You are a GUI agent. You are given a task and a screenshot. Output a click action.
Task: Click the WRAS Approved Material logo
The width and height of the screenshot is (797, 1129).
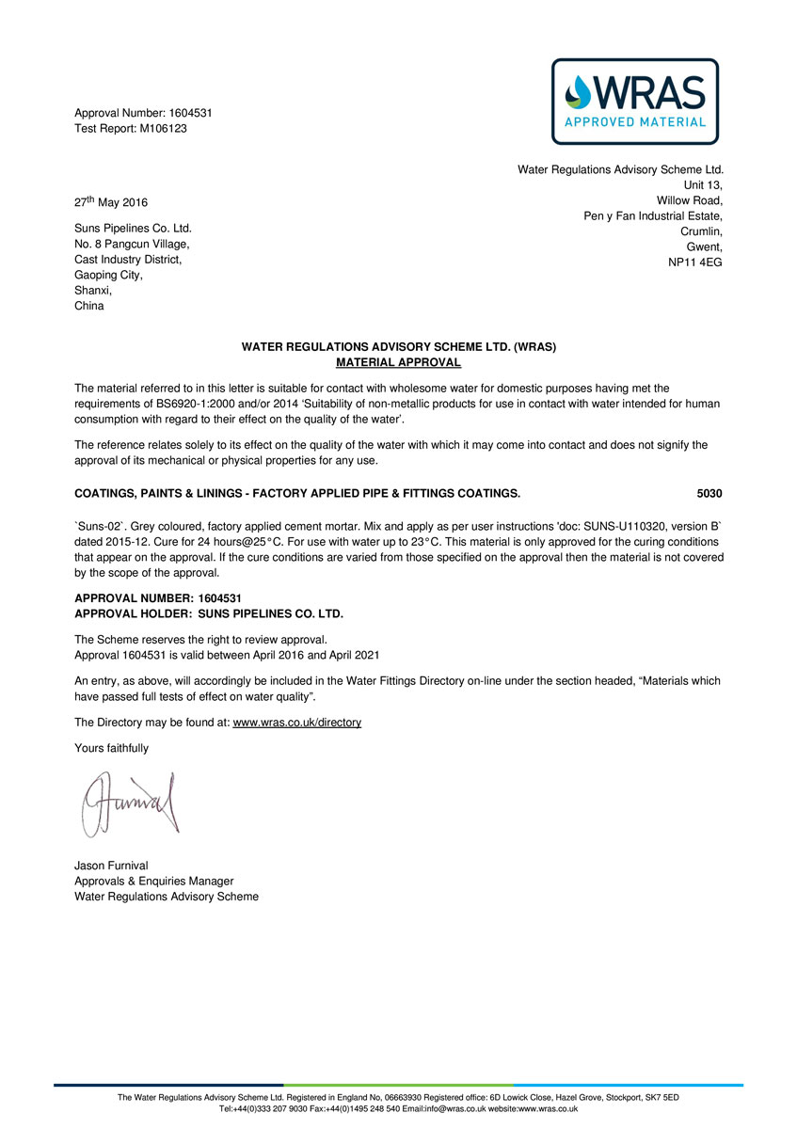tap(634, 102)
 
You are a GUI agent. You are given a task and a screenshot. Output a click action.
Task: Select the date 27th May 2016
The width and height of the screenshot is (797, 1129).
tap(111, 202)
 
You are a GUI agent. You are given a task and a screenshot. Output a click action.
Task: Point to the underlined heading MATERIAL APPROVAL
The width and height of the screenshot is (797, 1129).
tap(399, 362)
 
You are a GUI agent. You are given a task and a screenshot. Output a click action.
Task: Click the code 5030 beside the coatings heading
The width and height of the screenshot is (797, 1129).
tap(709, 493)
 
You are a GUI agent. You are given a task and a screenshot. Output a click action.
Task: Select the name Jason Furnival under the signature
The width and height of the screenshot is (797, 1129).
tap(111, 866)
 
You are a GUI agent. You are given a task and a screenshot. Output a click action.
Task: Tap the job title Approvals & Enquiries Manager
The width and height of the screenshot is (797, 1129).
tap(153, 882)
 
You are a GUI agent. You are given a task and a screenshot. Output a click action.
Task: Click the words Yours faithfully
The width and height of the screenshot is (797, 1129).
tap(111, 748)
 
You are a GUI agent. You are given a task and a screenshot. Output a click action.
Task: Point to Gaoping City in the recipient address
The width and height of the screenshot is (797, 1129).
tap(108, 275)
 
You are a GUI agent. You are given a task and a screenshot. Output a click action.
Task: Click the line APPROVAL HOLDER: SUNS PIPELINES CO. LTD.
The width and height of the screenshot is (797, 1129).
tap(208, 614)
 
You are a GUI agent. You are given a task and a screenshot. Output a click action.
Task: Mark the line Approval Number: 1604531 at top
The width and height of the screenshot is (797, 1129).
tap(143, 113)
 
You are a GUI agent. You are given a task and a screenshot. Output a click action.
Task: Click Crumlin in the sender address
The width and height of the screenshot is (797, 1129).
tap(701, 231)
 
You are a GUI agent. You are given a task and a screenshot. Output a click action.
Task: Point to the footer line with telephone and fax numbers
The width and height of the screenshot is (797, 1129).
tap(398, 1109)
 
